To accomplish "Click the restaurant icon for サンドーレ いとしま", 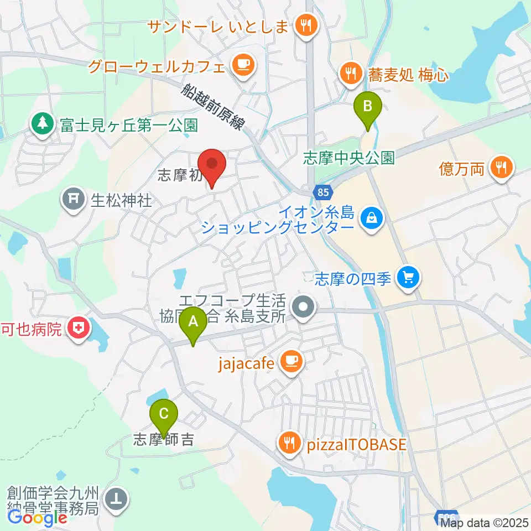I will click(305, 24).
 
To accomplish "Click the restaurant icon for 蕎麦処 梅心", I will click(350, 72).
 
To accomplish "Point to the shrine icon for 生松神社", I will click(74, 199).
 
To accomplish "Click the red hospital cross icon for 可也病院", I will click(78, 330).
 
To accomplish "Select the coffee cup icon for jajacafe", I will click(290, 362).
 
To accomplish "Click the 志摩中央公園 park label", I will click(348, 159).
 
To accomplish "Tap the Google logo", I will click(38, 518).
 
